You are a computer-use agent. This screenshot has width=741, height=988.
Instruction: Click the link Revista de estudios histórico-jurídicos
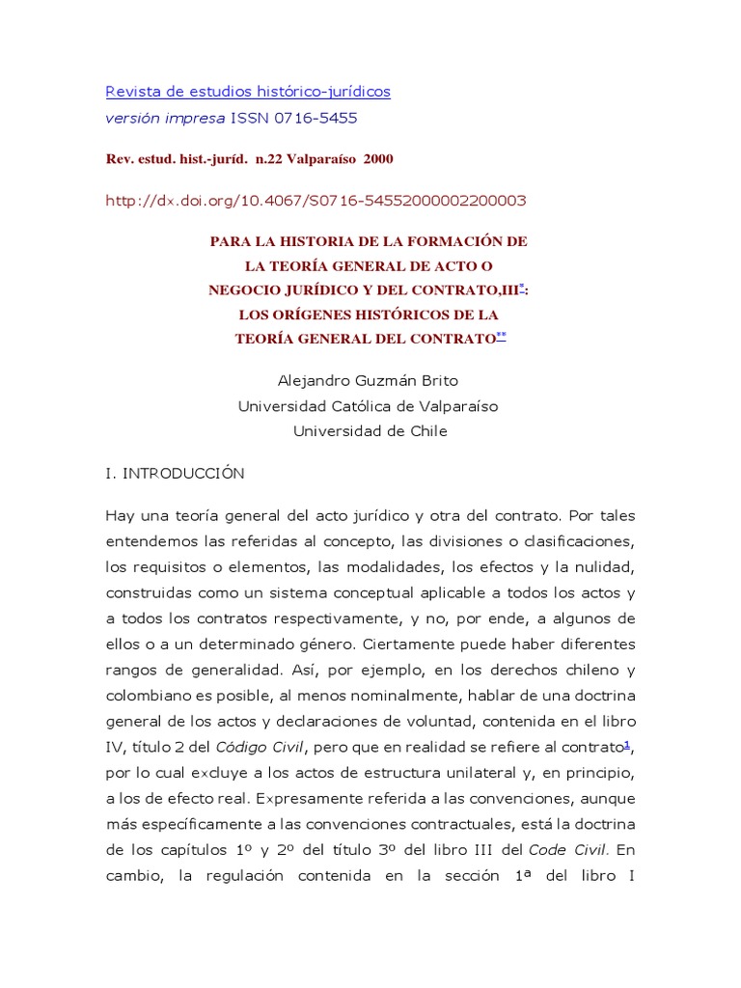(x=248, y=92)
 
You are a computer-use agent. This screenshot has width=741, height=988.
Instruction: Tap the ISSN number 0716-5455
(x=315, y=118)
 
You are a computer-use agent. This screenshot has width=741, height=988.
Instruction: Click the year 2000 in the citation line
(x=378, y=158)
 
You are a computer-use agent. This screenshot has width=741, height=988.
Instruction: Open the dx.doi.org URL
(x=316, y=201)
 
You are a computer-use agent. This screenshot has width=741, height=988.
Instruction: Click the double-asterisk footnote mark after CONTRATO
(x=500, y=335)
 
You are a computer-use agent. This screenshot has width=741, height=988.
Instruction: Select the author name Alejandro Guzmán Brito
(x=368, y=381)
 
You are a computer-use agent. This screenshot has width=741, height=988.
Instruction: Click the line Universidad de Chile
(x=370, y=431)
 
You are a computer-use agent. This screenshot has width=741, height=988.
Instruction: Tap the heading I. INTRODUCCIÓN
(x=175, y=474)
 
